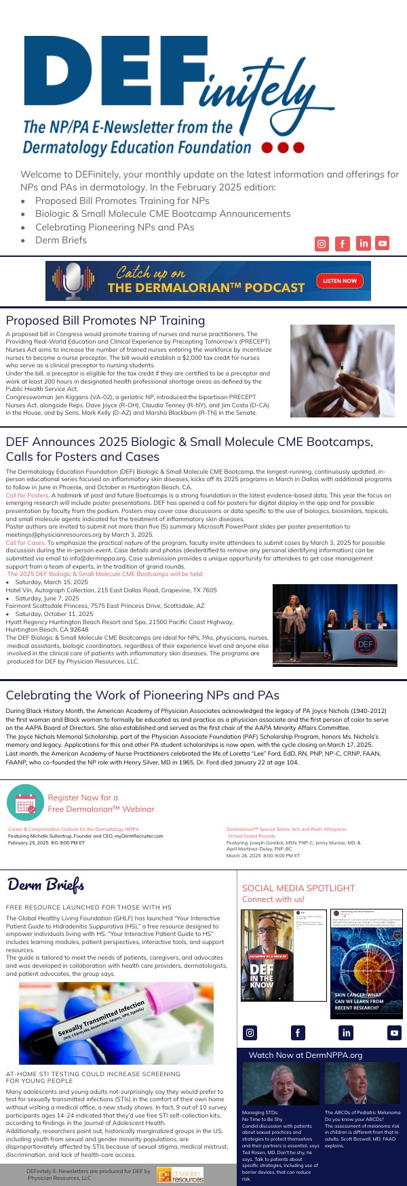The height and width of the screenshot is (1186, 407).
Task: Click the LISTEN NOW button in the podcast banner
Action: (340, 281)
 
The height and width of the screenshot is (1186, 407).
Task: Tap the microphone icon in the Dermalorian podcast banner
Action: (73, 281)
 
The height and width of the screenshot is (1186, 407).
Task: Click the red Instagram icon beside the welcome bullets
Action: (322, 244)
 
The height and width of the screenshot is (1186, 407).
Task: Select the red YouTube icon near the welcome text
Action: (383, 243)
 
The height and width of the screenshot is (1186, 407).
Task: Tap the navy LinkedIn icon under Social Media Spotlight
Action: (347, 1033)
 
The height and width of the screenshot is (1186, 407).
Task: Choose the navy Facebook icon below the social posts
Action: (298, 1033)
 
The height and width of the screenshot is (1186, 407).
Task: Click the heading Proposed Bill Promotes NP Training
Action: (105, 321)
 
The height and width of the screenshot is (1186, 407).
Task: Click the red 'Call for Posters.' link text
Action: (27, 495)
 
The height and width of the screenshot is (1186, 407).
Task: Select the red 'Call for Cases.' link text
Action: (25, 543)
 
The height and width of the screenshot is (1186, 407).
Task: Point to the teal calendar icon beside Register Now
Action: (25, 802)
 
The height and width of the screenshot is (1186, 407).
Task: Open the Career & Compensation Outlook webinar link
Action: (73, 829)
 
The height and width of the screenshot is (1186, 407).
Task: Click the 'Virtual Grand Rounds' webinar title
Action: (251, 836)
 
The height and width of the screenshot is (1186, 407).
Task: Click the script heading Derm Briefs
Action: (46, 884)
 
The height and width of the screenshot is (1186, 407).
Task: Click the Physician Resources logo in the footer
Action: (180, 1175)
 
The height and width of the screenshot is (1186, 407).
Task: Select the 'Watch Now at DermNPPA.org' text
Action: (305, 1055)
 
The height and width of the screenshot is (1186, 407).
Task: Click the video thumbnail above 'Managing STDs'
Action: (280, 1084)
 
